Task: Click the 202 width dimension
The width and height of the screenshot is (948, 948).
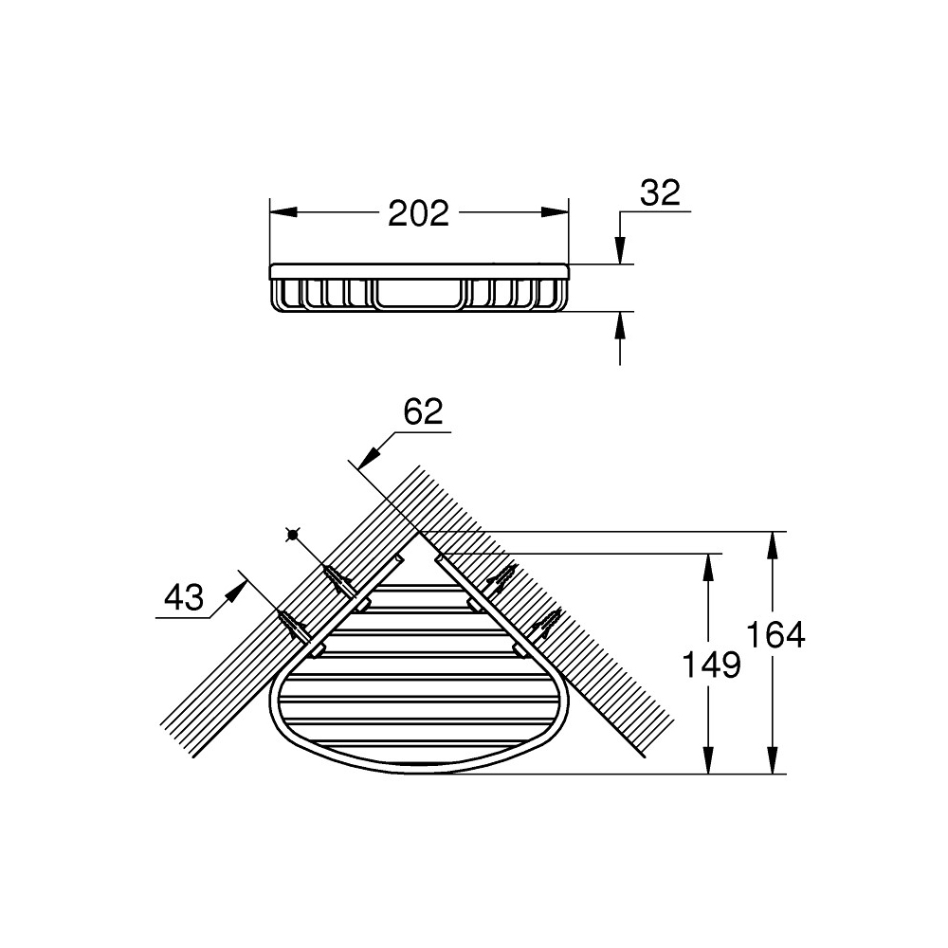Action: pos(418,213)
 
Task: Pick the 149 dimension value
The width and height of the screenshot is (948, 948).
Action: pos(712,665)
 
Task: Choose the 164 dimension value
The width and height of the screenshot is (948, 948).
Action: pos(775,634)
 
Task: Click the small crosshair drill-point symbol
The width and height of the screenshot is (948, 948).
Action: pos(292,535)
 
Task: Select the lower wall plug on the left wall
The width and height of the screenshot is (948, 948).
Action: pos(295,622)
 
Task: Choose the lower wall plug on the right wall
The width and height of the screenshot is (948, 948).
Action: pos(544,622)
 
